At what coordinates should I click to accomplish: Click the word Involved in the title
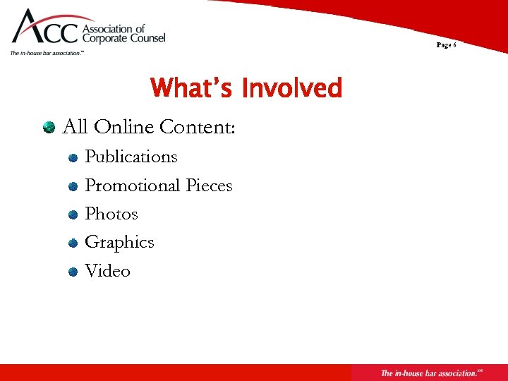point(291,89)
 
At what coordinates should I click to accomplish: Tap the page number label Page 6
point(446,45)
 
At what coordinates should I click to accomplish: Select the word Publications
point(131,157)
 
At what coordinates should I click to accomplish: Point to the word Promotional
point(133,186)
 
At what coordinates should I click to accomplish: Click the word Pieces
point(209,186)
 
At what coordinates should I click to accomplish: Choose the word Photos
point(111,214)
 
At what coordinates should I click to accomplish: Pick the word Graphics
point(119,243)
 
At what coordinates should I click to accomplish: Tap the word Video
point(107,271)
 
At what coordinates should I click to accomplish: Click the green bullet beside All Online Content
point(49,128)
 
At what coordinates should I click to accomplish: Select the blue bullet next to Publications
point(73,158)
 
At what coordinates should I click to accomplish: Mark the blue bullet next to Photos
point(73,215)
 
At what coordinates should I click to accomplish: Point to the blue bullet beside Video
point(73,272)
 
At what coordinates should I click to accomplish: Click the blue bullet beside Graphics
point(73,243)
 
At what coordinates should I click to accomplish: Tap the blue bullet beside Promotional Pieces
point(73,187)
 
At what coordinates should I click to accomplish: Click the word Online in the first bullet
point(124,127)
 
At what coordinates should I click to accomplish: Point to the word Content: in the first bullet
point(198,127)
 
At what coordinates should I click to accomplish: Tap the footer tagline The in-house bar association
point(429,373)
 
